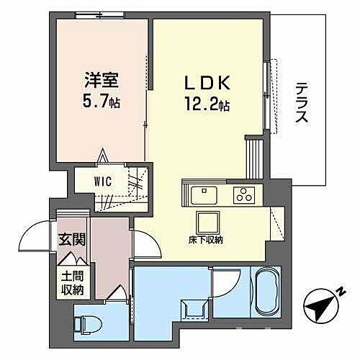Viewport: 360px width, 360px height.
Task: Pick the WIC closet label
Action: (101, 181)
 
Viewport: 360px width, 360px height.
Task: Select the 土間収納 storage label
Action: (71, 282)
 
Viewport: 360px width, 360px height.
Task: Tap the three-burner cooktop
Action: (246, 194)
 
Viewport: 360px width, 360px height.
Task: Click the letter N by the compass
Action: (337, 293)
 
